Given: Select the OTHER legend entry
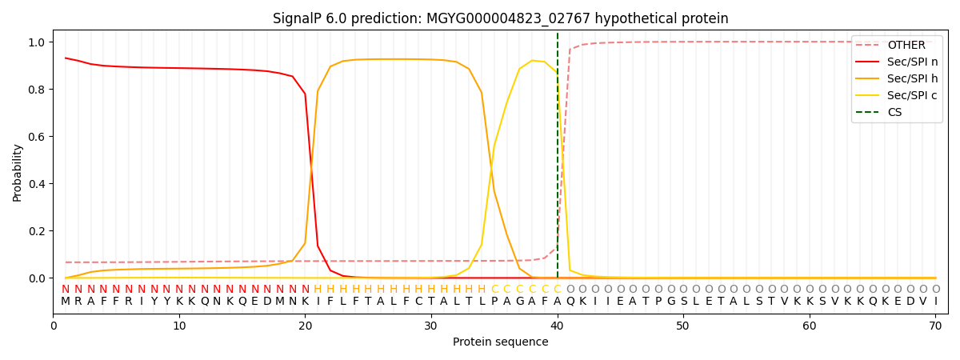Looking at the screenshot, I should [x=906, y=46].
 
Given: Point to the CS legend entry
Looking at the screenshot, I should [x=894, y=113].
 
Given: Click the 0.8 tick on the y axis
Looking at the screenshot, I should [x=37, y=90].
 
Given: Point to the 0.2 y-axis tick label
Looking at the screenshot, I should [x=37, y=231].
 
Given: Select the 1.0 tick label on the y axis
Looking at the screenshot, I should [x=37, y=42].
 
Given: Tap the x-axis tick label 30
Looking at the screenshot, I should [x=431, y=326].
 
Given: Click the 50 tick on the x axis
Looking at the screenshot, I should [x=683, y=326].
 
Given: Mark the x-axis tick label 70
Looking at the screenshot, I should [x=935, y=326].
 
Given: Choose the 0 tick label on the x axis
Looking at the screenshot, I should [x=54, y=326].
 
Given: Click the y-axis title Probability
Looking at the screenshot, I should [x=18, y=172].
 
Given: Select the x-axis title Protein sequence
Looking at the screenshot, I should [x=500, y=342].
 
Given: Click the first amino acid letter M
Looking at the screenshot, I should [x=66, y=302].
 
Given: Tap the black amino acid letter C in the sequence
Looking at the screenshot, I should [x=418, y=302].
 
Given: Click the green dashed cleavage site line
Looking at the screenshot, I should [x=558, y=160].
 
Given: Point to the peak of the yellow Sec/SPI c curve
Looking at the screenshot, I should [x=532, y=60].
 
